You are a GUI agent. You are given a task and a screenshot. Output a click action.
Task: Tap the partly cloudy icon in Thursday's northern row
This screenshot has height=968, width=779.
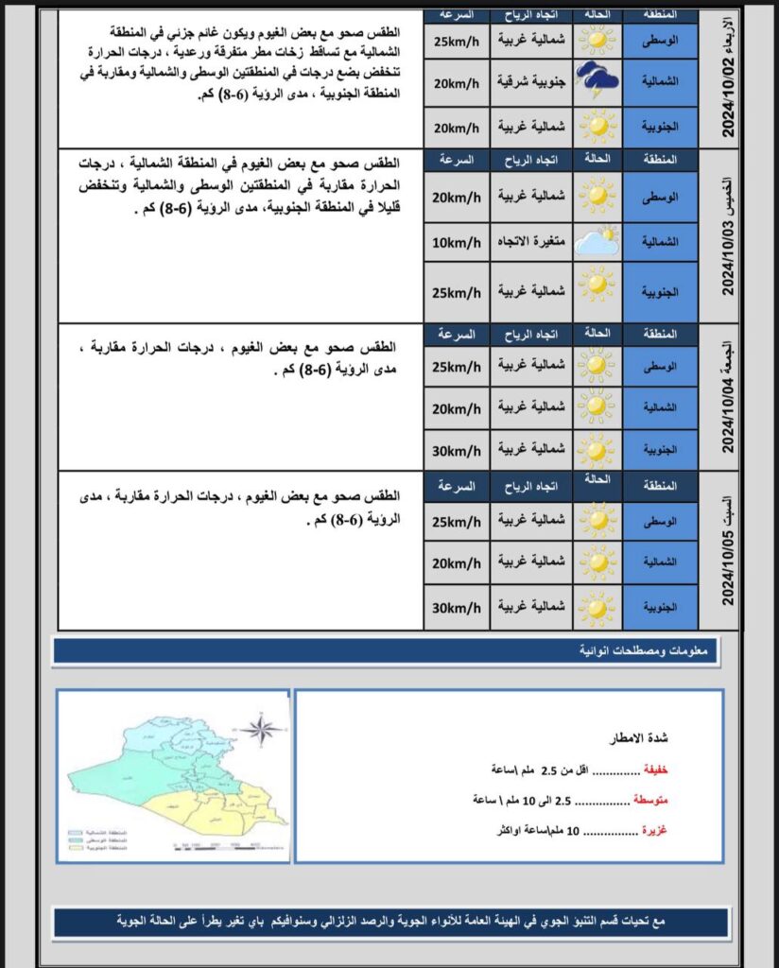pyautogui.click(x=597, y=243)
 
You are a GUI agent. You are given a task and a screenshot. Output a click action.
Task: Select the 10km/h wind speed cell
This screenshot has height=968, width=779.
pyautogui.click(x=457, y=243)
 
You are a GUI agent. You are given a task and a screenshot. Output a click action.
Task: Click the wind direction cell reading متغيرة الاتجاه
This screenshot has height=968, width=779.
pyautogui.click(x=531, y=243)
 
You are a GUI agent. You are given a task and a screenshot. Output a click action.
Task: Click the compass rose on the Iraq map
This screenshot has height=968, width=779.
pyautogui.click(x=262, y=729)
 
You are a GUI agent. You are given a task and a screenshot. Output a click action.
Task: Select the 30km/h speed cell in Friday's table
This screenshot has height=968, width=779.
pyautogui.click(x=457, y=449)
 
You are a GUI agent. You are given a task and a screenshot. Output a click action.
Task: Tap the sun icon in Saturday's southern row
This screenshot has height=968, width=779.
pyautogui.click(x=597, y=607)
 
